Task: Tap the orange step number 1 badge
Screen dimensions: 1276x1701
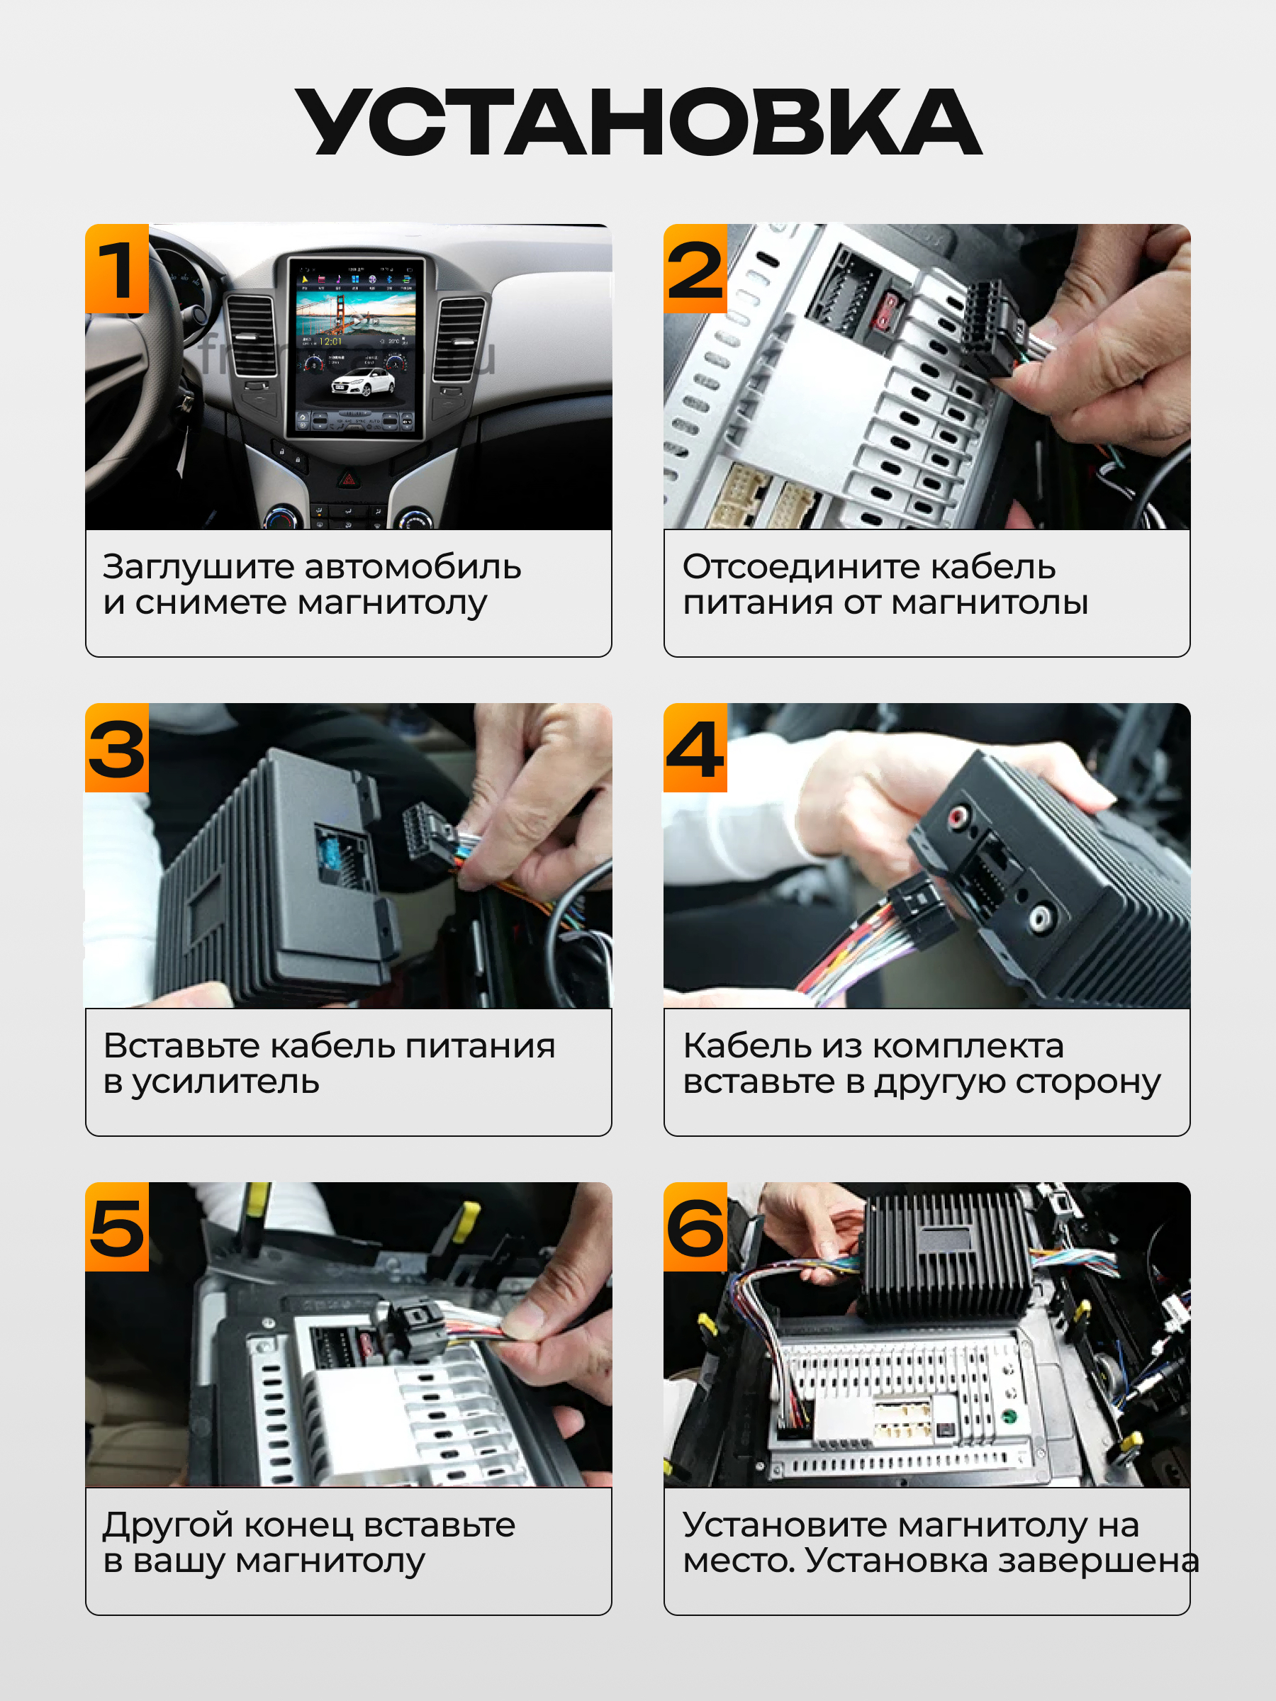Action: pyautogui.click(x=117, y=269)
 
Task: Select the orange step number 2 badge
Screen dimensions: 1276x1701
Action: pyautogui.click(x=695, y=269)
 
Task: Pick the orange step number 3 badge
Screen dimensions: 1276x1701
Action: pyautogui.click(x=117, y=748)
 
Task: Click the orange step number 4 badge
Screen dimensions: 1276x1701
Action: pyautogui.click(x=695, y=748)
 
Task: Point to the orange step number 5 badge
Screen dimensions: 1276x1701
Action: pyautogui.click(x=117, y=1227)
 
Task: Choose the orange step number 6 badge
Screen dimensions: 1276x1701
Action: pyautogui.click(x=695, y=1227)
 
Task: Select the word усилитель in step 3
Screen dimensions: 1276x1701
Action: pyautogui.click(x=225, y=1083)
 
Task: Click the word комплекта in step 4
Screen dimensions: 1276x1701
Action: pyautogui.click(x=968, y=1046)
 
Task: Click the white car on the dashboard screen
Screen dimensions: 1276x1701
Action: pyautogui.click(x=362, y=382)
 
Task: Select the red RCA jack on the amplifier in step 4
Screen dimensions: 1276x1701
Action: pyautogui.click(x=959, y=816)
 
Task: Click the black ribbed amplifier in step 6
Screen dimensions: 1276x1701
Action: pyautogui.click(x=944, y=1255)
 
